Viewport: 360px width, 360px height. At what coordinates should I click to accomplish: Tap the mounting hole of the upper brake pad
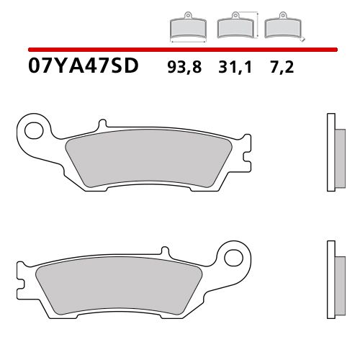coord(32,130)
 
